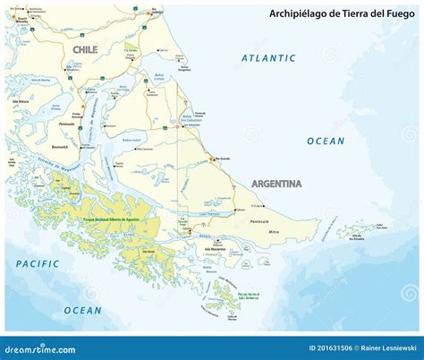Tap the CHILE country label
tap(86, 50)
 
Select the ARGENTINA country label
tap(276, 184)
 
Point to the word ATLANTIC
tap(267, 58)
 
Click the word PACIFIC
tap(37, 264)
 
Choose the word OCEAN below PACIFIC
tap(82, 310)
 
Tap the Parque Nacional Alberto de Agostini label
tap(114, 220)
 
